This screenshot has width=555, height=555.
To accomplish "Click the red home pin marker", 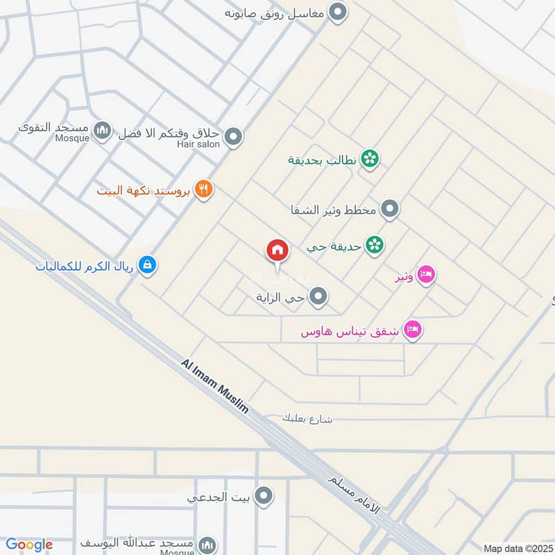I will [x=277, y=250].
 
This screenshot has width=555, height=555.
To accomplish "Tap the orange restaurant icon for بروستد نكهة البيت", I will [x=203, y=189].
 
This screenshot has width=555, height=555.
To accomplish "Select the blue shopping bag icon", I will [x=146, y=264].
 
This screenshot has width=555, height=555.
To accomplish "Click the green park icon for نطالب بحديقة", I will [x=371, y=159].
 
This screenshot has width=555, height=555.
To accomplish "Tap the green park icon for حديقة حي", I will [x=375, y=245].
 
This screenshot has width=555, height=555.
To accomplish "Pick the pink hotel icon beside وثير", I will [x=427, y=276].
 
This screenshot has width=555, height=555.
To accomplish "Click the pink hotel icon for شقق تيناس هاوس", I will [x=413, y=330].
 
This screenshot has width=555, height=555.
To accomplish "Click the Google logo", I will [x=29, y=545].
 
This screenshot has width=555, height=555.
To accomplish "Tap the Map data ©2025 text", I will [x=516, y=548].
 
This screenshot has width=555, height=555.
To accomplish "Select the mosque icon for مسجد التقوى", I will [x=103, y=130].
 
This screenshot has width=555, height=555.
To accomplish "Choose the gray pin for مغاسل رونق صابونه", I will [x=337, y=12].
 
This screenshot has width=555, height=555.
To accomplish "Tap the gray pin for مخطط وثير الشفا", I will [x=391, y=209].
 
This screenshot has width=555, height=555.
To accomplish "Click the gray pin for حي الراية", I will [x=318, y=298].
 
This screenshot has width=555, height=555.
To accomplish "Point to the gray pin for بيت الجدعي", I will [x=263, y=496].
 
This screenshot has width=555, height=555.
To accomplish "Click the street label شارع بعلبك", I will [x=307, y=419].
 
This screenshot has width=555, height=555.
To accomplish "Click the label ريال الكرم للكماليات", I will [x=86, y=264].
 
